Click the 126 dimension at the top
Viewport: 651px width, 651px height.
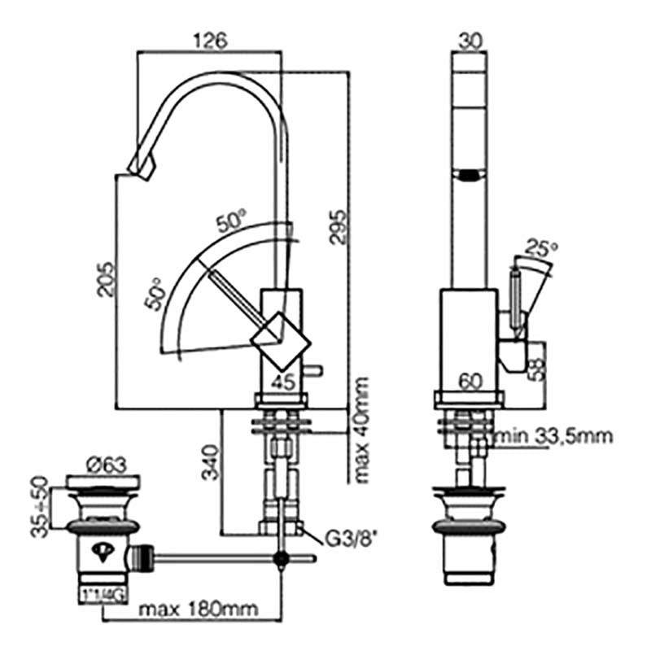(x=211, y=39)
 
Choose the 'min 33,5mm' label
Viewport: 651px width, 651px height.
(x=556, y=437)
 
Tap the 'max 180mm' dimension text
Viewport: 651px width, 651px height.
(x=197, y=608)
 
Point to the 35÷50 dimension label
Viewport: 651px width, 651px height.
(x=39, y=506)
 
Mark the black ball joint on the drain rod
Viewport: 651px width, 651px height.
(x=282, y=558)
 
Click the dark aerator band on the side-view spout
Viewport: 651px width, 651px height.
(x=470, y=173)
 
